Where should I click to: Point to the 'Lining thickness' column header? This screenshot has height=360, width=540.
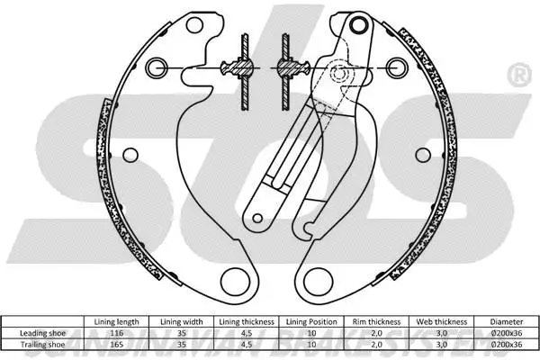tap(245, 321)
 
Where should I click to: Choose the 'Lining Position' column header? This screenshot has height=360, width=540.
tap(310, 321)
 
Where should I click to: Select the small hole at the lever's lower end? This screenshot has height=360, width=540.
tap(260, 217)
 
